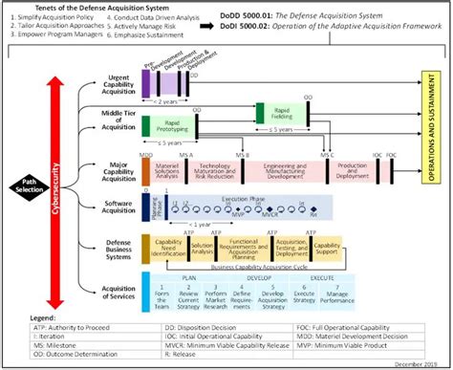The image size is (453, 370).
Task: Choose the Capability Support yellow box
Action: [x=328, y=249]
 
